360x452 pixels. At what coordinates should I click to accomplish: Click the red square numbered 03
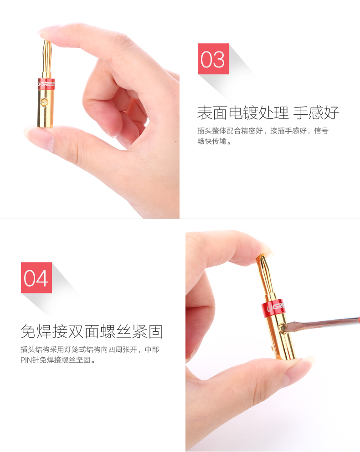(213, 59)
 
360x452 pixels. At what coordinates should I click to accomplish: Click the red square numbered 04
(36, 277)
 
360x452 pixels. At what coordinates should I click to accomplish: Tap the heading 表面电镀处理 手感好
(267, 112)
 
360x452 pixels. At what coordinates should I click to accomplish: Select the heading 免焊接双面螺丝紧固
(92, 332)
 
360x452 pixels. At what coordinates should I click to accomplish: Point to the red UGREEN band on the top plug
(46, 84)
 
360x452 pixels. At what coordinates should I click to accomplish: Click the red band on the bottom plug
(273, 308)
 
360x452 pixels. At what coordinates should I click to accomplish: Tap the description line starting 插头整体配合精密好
(262, 131)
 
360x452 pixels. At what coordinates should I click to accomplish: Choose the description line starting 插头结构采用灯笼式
(89, 350)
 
